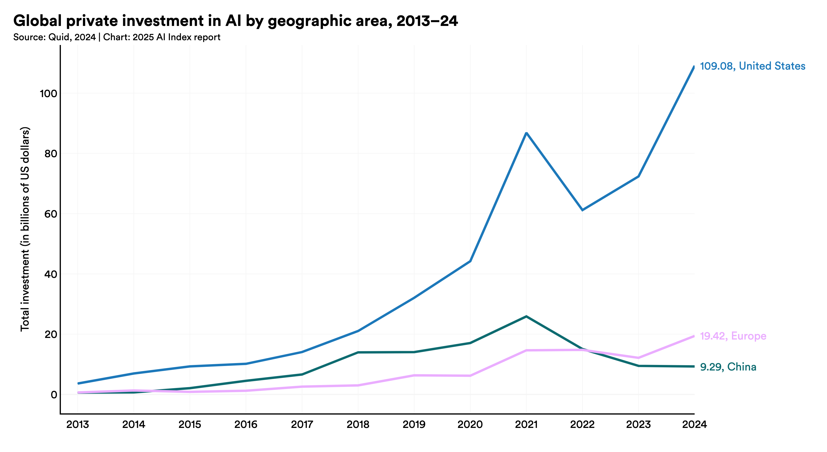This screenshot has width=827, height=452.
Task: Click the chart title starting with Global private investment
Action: coord(235,21)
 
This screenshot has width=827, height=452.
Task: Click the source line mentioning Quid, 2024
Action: coord(116,37)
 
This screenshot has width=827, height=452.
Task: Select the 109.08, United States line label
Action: coord(752,66)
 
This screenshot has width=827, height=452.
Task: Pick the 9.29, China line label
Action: coord(728,367)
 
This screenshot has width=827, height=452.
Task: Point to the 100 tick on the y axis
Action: coord(48,94)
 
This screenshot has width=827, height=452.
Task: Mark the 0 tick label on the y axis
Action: coord(54,395)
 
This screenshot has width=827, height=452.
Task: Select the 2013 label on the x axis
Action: coord(77,425)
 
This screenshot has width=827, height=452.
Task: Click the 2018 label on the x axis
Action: coord(358,425)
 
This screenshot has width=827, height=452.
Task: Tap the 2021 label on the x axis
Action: coord(526,425)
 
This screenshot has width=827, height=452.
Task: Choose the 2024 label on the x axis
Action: coord(694,425)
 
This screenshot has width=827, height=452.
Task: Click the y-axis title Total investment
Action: coord(25,229)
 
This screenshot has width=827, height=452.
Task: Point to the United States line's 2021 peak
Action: coord(526,133)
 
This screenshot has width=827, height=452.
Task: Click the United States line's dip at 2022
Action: coord(582,210)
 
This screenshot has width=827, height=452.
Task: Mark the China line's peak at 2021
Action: coord(526,317)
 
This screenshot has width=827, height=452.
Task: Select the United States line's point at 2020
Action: coord(470,261)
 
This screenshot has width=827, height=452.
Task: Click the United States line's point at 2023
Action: coord(638,176)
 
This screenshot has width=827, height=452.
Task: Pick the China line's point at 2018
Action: coord(358,352)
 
